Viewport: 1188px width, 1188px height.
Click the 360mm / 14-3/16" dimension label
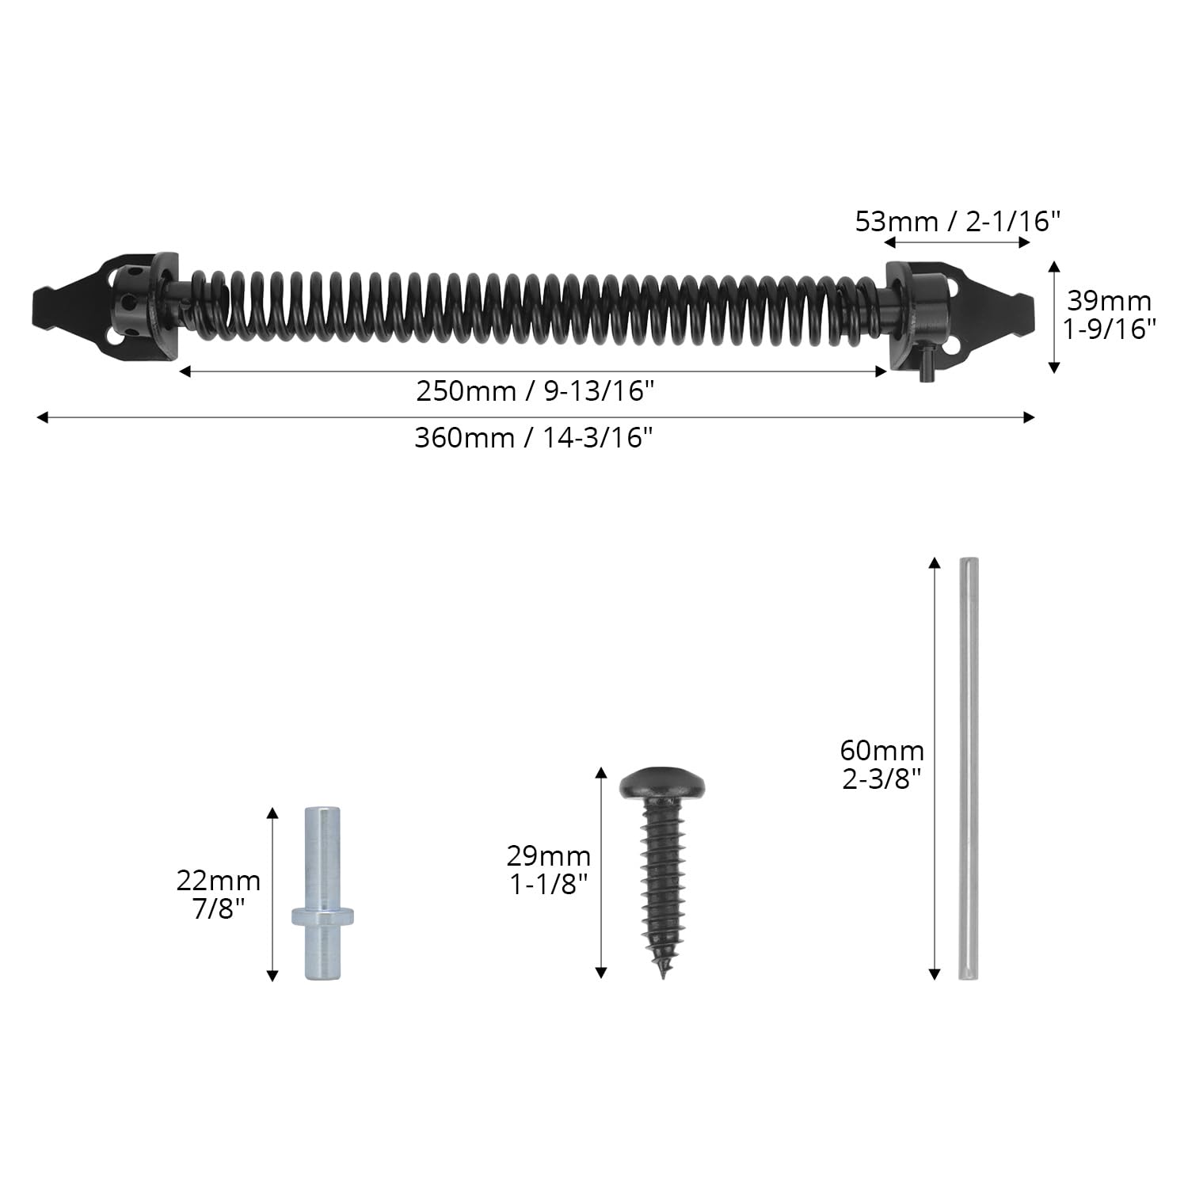click(x=534, y=438)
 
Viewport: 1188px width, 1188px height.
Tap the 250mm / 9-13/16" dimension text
click(x=536, y=391)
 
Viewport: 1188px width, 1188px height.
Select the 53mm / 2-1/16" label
click(x=958, y=221)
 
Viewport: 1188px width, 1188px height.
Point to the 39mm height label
click(x=1109, y=301)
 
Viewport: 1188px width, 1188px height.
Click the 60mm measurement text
click(x=882, y=750)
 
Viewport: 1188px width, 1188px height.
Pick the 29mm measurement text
click(x=549, y=856)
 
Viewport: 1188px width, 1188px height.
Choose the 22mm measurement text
click(x=219, y=881)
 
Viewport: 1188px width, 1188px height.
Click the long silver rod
click(x=968, y=768)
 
